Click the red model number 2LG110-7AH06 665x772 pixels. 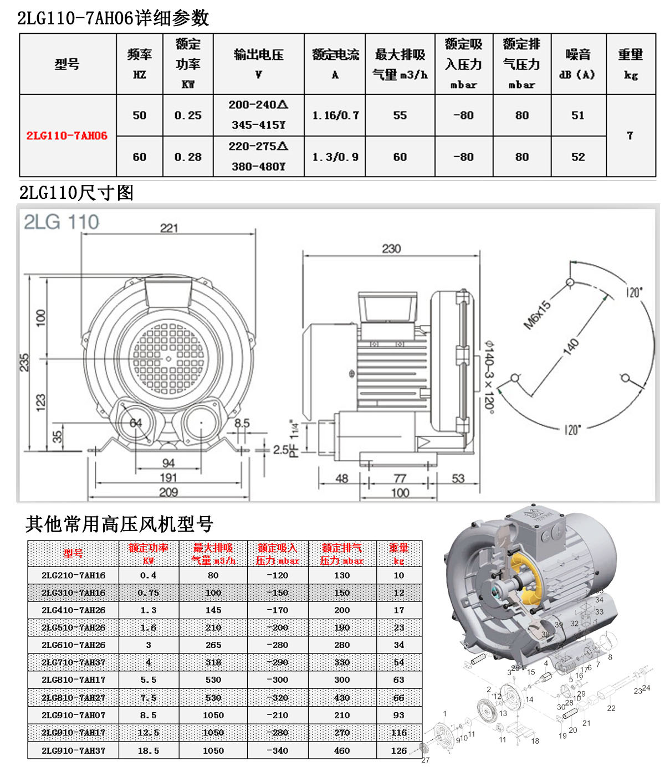click(67, 136)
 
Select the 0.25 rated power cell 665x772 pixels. click(188, 115)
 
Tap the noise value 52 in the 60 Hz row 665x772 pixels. click(578, 157)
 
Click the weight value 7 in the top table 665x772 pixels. click(630, 136)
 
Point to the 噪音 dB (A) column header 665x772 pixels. click(578, 64)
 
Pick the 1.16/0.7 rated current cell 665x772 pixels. click(335, 115)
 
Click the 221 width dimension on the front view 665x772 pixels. click(169, 228)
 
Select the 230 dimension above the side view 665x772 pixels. click(391, 249)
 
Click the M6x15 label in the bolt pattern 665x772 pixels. click(538, 315)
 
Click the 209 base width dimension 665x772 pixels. click(168, 492)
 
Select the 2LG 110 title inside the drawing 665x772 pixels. click(62, 223)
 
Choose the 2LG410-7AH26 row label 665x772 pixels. click(73, 610)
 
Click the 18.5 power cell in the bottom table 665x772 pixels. click(148, 750)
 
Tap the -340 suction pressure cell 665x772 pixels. click(278, 750)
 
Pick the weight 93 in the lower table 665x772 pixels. click(399, 715)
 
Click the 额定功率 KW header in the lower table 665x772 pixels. click(148, 553)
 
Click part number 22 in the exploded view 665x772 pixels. click(611, 708)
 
